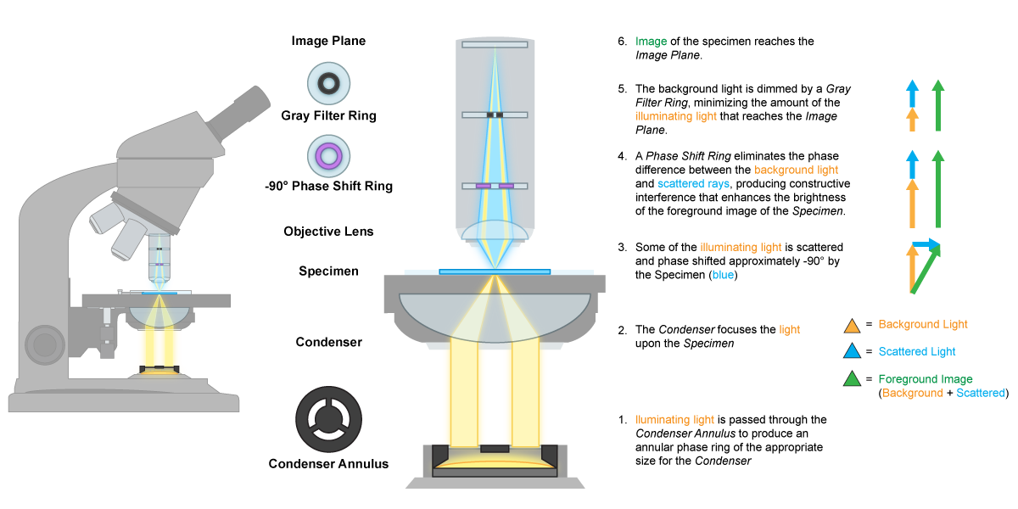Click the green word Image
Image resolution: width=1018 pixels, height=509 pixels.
(651, 42)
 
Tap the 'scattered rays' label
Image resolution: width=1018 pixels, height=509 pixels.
(693, 183)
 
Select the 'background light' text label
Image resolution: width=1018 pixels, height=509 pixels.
(796, 170)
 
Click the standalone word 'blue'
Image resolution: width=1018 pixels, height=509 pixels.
(723, 275)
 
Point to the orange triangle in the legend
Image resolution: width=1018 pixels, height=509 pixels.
(853, 326)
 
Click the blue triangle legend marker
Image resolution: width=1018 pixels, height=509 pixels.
(853, 352)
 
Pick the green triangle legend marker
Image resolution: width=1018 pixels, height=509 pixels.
(853, 379)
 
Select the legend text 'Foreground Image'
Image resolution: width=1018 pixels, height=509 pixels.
(926, 379)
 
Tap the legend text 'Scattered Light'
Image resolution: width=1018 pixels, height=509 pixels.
(917, 351)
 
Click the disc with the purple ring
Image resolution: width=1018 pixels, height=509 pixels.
(328, 156)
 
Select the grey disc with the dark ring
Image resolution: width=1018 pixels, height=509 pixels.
(328, 83)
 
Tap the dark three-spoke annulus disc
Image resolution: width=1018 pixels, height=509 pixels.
(328, 419)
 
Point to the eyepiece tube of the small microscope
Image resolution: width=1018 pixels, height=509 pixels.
(239, 111)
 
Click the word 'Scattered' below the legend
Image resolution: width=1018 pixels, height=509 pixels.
(980, 393)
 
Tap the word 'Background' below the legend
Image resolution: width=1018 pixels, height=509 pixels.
(912, 393)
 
